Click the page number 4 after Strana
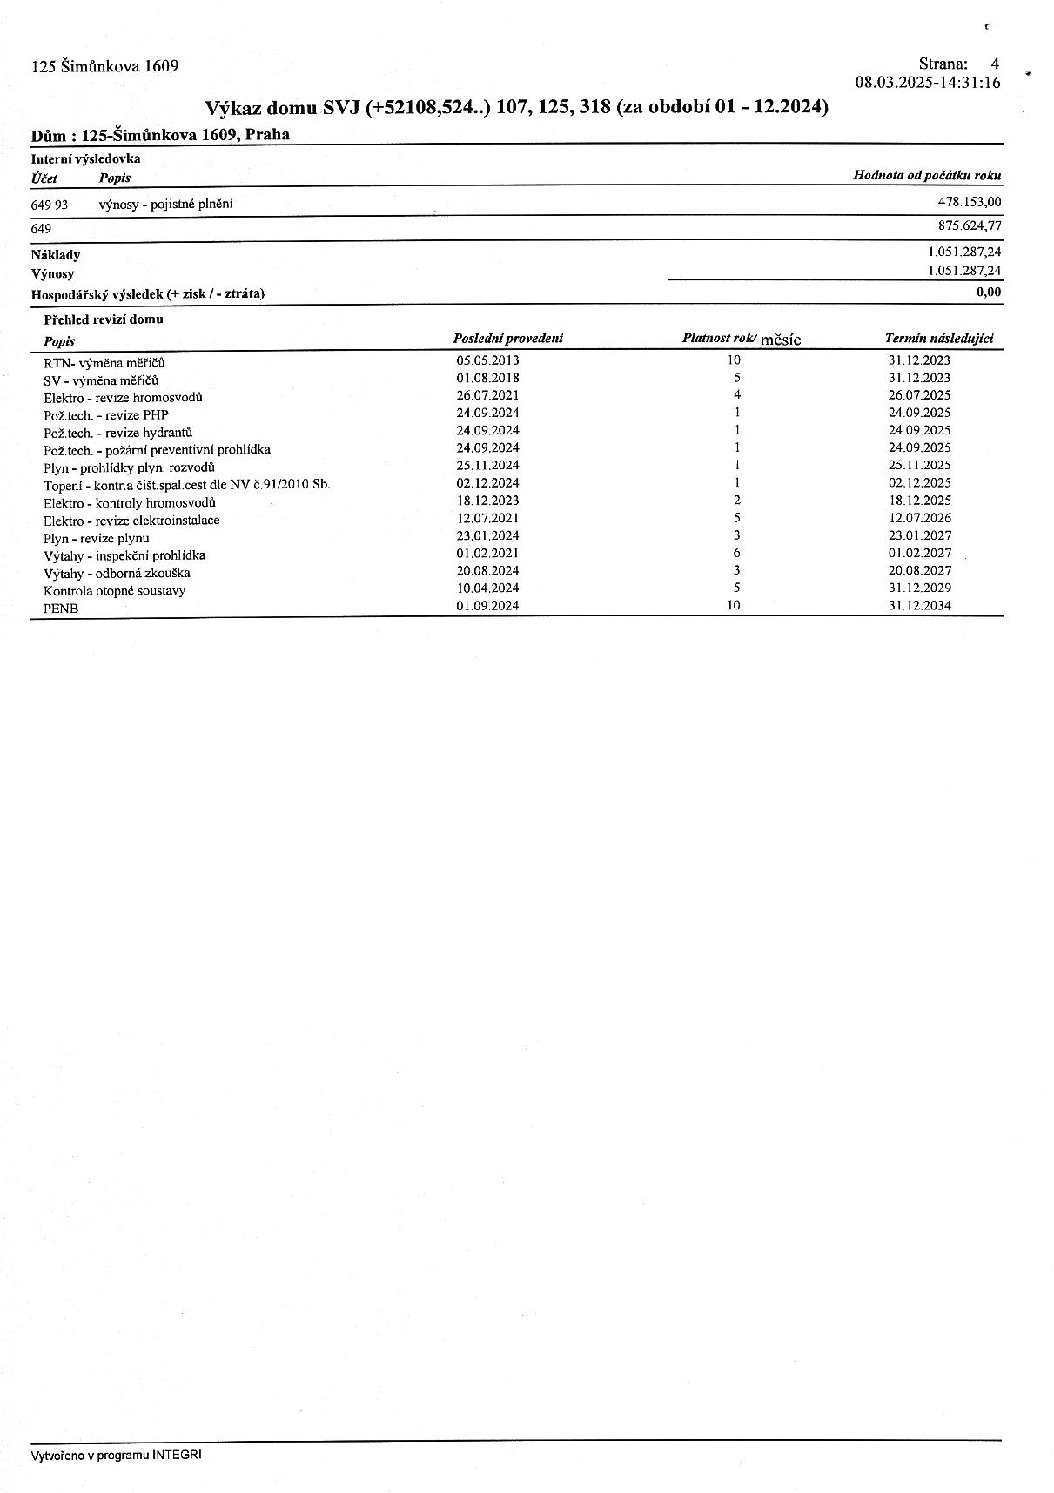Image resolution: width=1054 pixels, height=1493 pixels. [994, 64]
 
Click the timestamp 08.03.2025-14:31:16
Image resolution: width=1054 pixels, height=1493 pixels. [928, 83]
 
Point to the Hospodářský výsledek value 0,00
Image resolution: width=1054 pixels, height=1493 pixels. [989, 293]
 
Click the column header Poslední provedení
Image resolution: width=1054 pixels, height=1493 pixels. [508, 339]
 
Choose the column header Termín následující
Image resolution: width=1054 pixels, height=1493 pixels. [938, 339]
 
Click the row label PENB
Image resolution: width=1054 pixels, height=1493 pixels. [61, 609]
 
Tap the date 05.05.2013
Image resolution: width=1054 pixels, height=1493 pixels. [487, 360]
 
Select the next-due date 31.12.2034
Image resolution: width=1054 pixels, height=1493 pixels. [919, 605]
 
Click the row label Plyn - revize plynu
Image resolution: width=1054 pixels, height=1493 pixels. [97, 538]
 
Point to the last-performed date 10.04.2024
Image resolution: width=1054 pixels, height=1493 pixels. [487, 588]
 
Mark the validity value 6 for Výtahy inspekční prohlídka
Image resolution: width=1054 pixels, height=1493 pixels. [736, 553]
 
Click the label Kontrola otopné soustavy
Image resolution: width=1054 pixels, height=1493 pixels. [114, 590]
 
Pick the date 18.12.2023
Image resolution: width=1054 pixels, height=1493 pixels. [487, 501]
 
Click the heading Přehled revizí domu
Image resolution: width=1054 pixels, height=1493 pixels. [103, 319]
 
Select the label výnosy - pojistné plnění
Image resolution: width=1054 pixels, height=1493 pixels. [165, 204]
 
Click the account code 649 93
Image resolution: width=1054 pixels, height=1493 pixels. [50, 204]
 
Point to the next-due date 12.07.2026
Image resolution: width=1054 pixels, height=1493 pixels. [919, 518]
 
